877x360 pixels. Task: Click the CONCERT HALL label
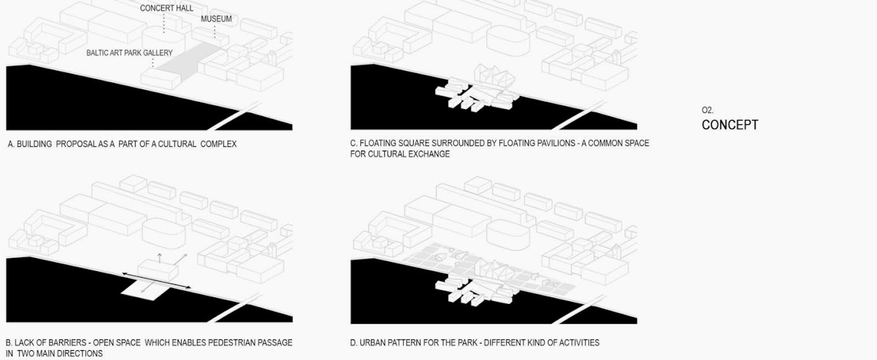pyautogui.click(x=166, y=8)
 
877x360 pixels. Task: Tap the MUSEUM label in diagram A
pyautogui.click(x=216, y=19)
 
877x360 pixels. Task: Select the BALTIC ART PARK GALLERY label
pyautogui.click(x=129, y=53)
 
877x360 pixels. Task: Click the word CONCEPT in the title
pyautogui.click(x=730, y=125)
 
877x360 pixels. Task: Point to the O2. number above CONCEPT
pyautogui.click(x=707, y=111)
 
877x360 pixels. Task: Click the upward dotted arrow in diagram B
pyautogui.click(x=159, y=258)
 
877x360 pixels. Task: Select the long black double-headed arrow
pyautogui.click(x=157, y=280)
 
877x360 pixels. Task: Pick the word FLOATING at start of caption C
pyautogui.click(x=376, y=143)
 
